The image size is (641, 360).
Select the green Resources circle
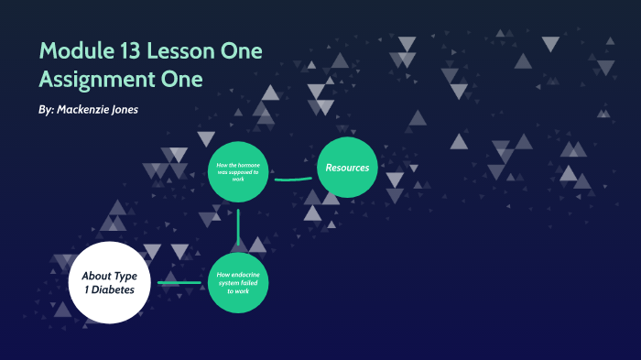(348, 168)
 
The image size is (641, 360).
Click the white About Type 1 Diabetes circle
(109, 282)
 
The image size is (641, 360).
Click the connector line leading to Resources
(293, 179)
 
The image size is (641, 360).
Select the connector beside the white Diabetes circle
(179, 282)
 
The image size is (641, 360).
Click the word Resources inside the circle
(348, 168)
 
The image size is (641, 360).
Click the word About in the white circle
(96, 276)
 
